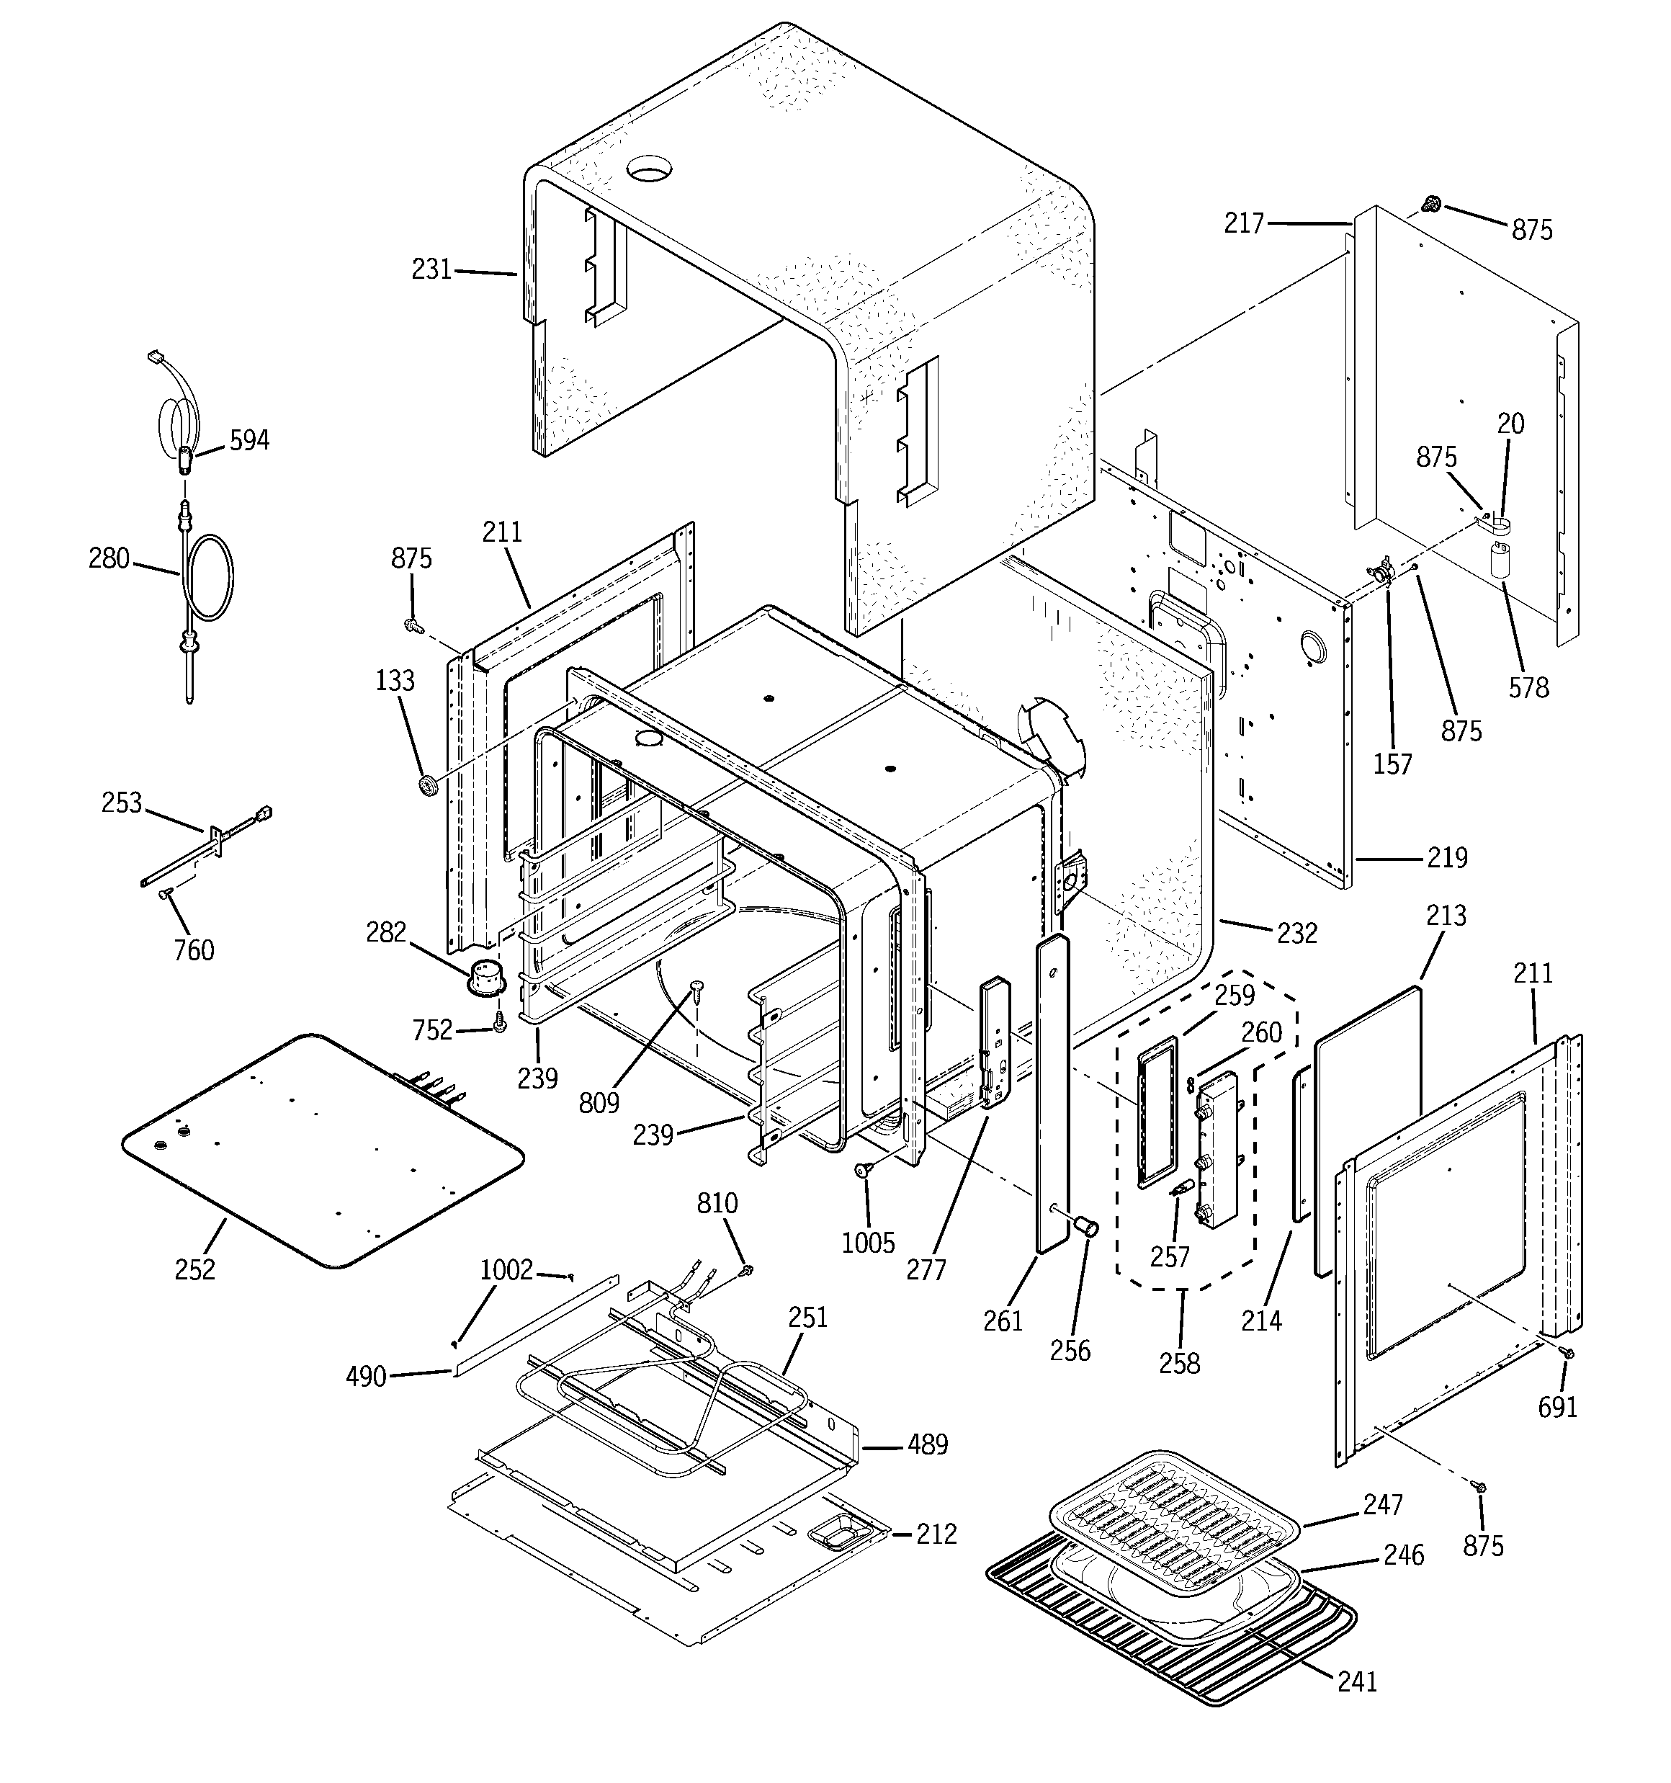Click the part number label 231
click(431, 269)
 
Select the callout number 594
click(249, 440)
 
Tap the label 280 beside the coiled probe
click(109, 559)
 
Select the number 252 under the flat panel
click(194, 1269)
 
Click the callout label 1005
click(867, 1243)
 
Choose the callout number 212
click(936, 1534)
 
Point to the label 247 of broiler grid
click(1382, 1504)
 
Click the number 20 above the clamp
click(1510, 424)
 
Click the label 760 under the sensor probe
click(194, 949)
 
